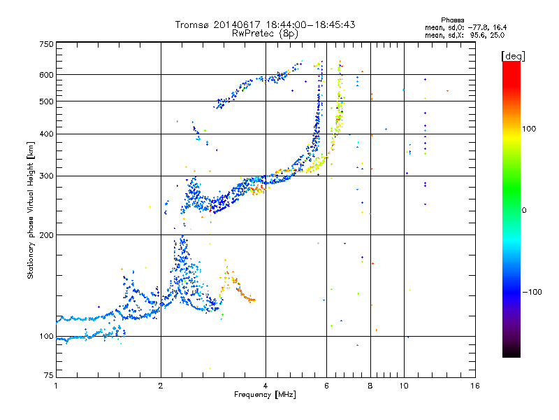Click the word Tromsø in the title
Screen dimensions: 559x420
(192, 24)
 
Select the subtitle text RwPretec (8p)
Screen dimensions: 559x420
(265, 34)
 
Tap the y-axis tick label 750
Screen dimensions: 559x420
(46, 44)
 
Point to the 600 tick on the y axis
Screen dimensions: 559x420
(46, 75)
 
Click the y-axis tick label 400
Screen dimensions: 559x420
(46, 134)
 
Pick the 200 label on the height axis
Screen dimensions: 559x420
(46, 235)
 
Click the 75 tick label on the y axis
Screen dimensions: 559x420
(49, 375)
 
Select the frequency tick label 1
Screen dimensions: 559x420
(56, 386)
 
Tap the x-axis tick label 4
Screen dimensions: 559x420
(266, 386)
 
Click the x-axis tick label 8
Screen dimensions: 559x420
(370, 386)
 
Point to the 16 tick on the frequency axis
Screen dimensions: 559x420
(475, 386)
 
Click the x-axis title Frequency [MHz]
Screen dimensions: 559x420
(265, 395)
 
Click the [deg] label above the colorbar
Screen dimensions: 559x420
(513, 57)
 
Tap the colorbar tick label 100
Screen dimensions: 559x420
(529, 129)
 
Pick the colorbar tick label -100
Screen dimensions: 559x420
(532, 292)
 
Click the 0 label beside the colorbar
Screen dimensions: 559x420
(524, 211)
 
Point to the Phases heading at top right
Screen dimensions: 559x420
(452, 20)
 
